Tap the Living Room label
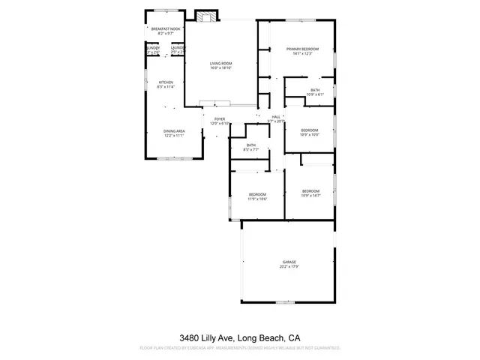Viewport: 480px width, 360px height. [220, 64]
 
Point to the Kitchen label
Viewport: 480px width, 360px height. [165, 82]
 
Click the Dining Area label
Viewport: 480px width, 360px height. [174, 131]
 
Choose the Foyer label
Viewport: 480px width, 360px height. [220, 118]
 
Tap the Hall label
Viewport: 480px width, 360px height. [276, 117]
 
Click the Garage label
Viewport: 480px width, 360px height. [289, 262]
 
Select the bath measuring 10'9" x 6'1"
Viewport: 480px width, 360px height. [314, 92]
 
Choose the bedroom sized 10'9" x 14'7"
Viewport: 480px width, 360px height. [310, 193]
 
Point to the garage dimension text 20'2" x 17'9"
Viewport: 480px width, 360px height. [289, 266]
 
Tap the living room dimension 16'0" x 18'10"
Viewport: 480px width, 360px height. [220, 68]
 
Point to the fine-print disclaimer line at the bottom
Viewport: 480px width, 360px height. [240, 349]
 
